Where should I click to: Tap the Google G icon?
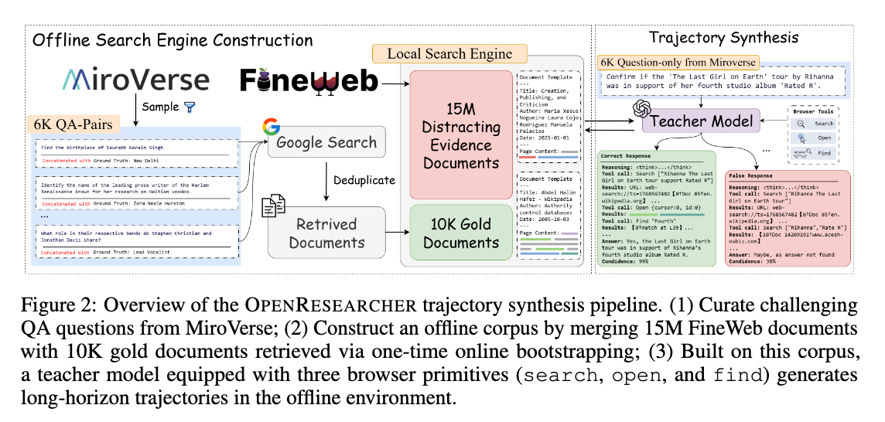coord(270,128)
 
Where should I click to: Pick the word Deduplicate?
coord(364,181)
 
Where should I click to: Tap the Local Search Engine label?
coord(449,54)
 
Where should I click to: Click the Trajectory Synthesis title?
coord(724,36)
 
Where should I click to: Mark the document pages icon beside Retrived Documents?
coord(274,208)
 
